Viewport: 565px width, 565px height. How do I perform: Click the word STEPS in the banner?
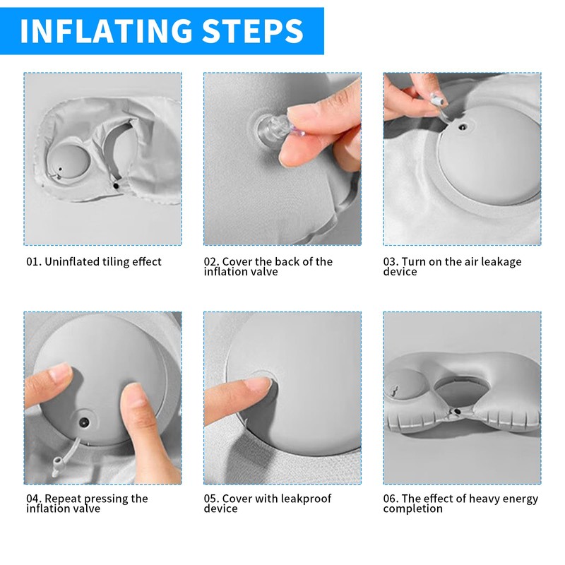click(x=253, y=30)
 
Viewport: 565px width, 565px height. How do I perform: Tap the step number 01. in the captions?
click(x=33, y=261)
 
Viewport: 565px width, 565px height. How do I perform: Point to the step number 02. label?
click(x=211, y=261)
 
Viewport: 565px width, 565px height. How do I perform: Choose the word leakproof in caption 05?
click(x=306, y=499)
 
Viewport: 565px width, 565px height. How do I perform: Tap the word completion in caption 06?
click(x=413, y=509)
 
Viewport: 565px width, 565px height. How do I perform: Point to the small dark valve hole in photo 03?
click(x=463, y=127)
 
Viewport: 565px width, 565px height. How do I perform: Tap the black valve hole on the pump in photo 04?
click(x=84, y=422)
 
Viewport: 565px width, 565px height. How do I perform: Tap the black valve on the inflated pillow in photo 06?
click(x=457, y=411)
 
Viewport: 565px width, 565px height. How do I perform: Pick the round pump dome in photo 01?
click(x=69, y=160)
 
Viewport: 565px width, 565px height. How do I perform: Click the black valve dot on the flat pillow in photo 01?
click(x=116, y=186)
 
